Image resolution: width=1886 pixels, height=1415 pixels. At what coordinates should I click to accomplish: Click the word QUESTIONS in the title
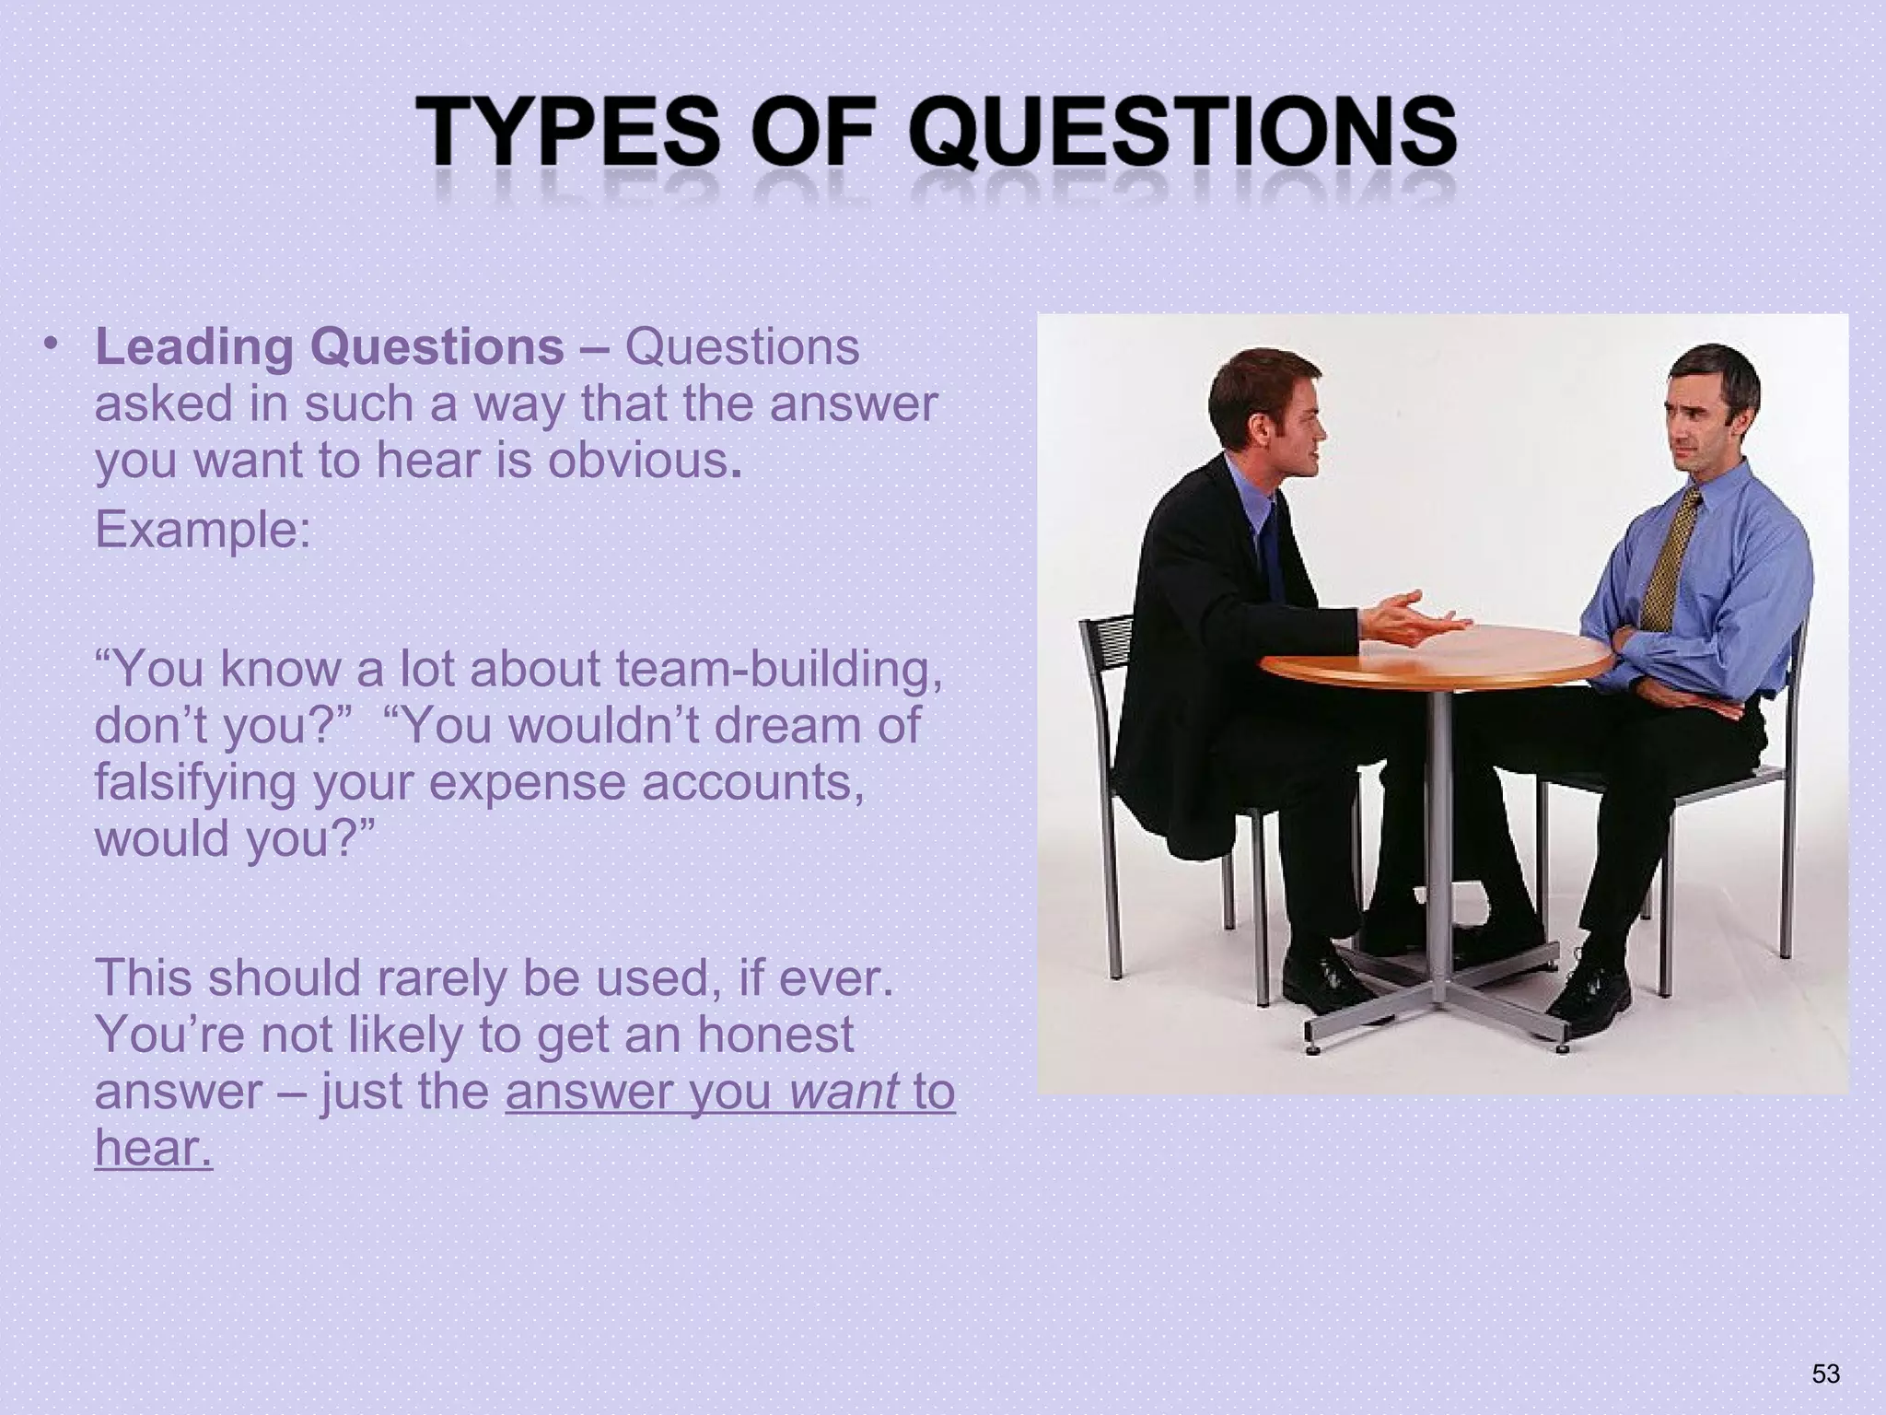click(1182, 136)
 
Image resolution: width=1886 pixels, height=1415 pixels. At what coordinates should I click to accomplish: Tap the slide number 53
click(1825, 1374)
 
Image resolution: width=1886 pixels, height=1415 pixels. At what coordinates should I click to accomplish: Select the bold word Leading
click(193, 348)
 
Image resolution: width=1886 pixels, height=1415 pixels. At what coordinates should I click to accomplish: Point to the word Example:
click(204, 531)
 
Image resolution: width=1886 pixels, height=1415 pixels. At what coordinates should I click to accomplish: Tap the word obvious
click(641, 461)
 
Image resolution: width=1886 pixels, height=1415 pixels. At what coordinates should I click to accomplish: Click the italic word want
click(844, 1093)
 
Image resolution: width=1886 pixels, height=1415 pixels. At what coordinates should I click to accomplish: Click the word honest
click(775, 1035)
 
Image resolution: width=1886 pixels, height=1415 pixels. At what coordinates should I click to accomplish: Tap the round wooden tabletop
click(1437, 657)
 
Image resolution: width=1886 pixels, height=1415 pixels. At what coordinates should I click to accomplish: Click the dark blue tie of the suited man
click(1271, 553)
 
